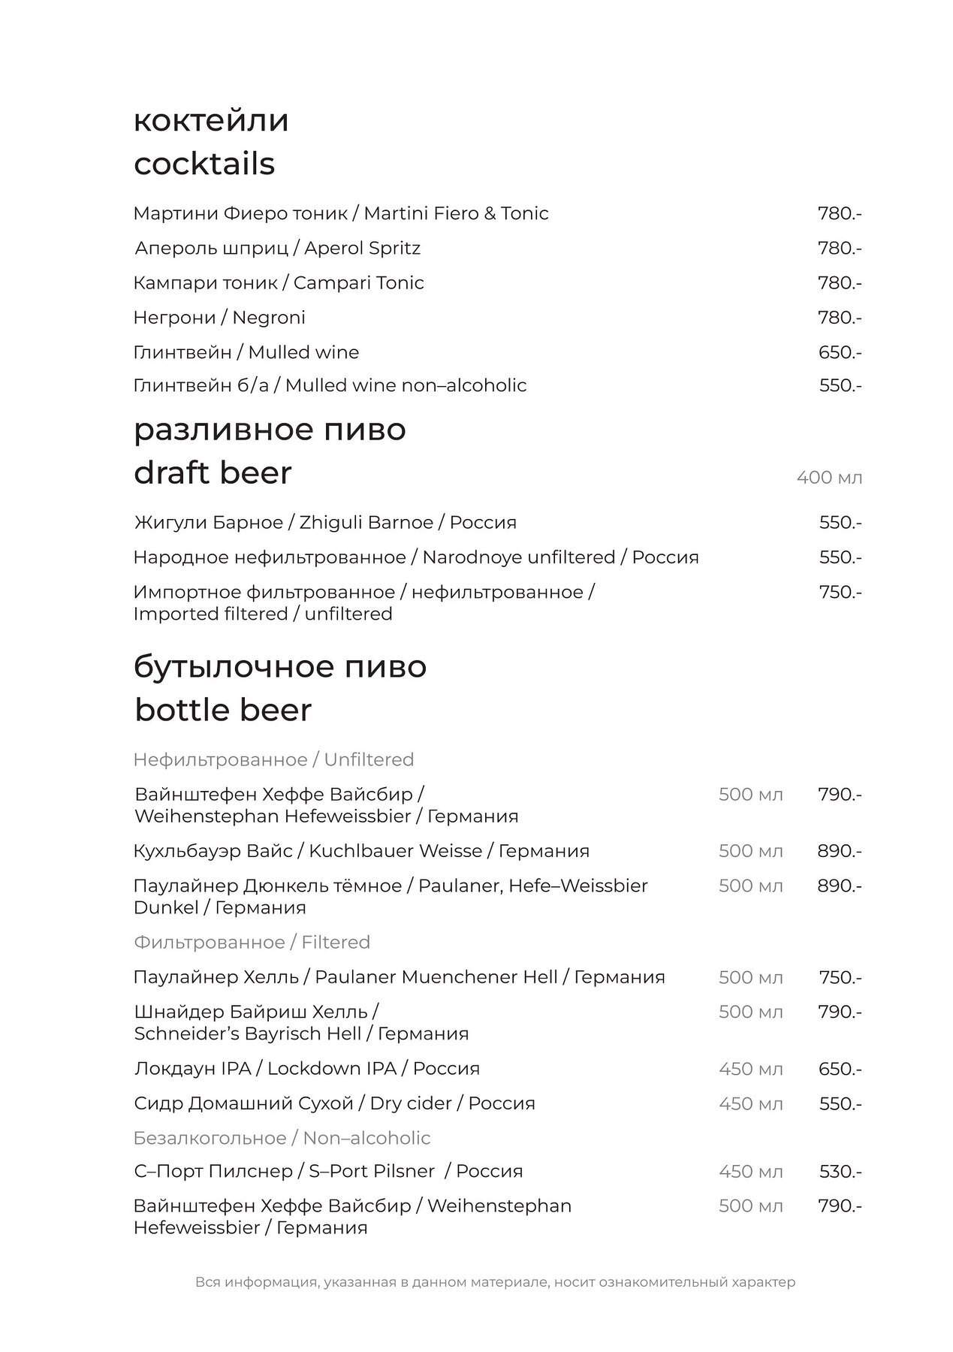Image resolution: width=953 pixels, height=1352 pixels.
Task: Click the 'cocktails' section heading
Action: [204, 164]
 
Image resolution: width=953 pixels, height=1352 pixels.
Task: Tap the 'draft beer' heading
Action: [213, 473]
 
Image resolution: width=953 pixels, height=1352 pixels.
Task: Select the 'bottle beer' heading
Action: [223, 710]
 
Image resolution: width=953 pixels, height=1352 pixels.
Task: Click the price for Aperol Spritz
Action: [839, 248]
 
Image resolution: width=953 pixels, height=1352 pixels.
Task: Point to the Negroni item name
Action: [219, 318]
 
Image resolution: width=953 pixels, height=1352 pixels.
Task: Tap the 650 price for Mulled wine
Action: [840, 352]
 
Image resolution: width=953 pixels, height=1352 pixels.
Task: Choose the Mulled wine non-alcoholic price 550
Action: [840, 385]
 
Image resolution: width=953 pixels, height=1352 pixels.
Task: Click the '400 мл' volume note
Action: [829, 478]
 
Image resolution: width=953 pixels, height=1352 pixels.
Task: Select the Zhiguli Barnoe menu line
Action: [325, 522]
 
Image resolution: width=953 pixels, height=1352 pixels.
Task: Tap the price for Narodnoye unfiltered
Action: [840, 557]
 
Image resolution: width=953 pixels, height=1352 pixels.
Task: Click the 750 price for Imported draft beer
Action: [840, 592]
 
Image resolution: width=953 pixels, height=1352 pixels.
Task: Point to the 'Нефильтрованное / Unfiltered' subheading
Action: [273, 759]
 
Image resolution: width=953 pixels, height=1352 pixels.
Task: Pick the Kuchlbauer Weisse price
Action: [839, 851]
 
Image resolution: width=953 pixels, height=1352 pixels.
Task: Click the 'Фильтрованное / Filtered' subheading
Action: [252, 942]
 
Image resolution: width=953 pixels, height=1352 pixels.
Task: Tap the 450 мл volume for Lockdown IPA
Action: [750, 1069]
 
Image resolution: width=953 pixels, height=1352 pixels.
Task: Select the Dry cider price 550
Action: [840, 1103]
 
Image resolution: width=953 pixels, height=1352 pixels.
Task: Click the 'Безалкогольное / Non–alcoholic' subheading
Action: [282, 1138]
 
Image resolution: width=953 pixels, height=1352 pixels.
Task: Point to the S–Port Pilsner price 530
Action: [840, 1171]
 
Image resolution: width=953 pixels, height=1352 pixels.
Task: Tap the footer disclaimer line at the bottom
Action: [495, 1282]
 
